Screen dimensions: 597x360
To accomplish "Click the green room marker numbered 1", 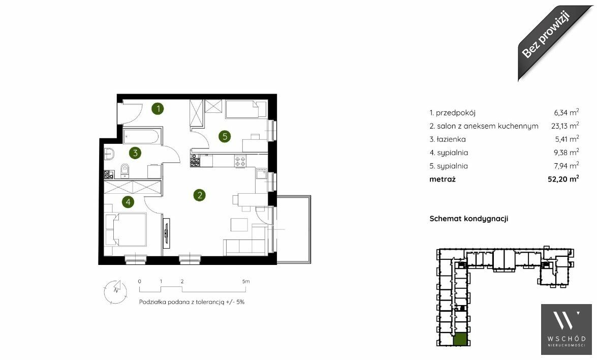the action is (158, 109).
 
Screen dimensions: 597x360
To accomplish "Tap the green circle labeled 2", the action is (199, 195).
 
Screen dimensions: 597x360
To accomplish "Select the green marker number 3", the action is (135, 153).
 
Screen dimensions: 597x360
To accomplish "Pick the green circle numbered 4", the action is (128, 201).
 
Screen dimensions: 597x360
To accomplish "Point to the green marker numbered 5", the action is (225, 136).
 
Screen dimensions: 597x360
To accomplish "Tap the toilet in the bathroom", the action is (125, 171).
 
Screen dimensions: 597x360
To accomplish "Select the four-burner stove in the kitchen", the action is (240, 161).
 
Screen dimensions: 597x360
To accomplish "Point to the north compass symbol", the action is (115, 292).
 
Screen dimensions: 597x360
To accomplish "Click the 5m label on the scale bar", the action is (246, 282).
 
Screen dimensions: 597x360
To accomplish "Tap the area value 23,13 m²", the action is (565, 125).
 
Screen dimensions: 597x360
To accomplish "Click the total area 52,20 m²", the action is (563, 178).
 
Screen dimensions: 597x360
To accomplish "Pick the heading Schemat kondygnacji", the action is (468, 219).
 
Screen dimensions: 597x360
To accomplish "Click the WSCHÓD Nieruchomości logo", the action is (566, 329).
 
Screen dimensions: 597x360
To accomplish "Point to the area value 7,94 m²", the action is (567, 165).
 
